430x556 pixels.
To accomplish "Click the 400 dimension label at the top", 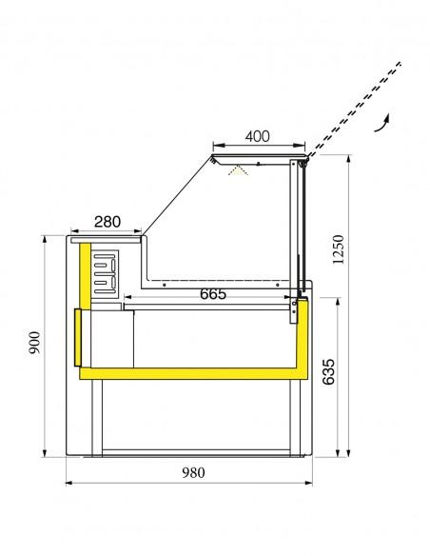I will (257, 135).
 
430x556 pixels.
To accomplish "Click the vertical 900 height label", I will (34, 343).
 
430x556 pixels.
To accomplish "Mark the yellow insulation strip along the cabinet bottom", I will (190, 375).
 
